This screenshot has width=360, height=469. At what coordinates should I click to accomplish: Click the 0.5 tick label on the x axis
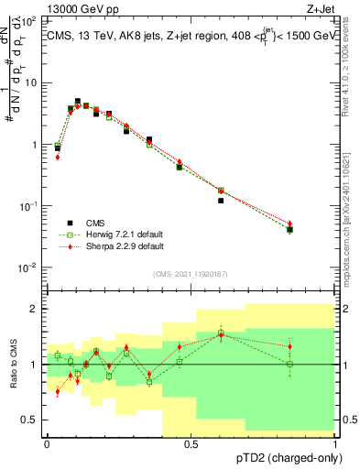click(x=191, y=443)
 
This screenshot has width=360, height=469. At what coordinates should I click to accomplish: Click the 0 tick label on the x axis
click(x=47, y=443)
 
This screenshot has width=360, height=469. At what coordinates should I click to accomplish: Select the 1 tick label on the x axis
click(x=334, y=443)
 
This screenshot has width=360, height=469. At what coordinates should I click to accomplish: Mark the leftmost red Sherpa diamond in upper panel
click(x=58, y=158)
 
